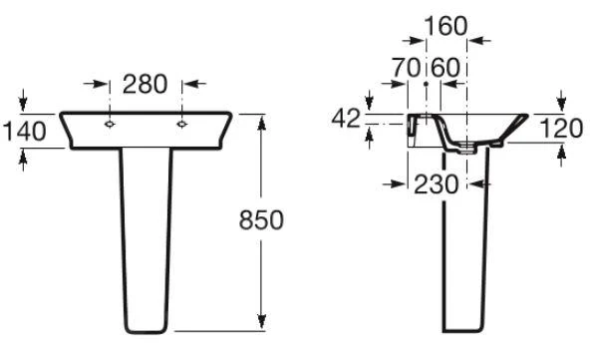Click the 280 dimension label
coord(145,84)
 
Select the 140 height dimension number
coord(24,132)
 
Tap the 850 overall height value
coord(261,219)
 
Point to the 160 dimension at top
coord(446,26)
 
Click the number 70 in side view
coord(407,67)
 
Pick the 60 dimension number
coord(446,67)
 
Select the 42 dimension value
coord(345,118)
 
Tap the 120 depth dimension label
coord(561,129)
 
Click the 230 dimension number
coord(437,184)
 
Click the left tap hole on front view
coord(110,124)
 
